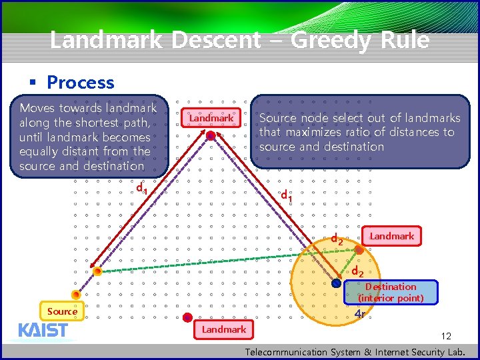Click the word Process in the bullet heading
click(x=81, y=83)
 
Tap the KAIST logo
click(x=43, y=330)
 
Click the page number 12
click(x=447, y=336)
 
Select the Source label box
click(x=62, y=311)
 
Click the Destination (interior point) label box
click(x=391, y=292)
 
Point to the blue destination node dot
click(x=336, y=283)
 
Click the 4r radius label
click(x=361, y=314)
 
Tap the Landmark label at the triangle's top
click(x=211, y=118)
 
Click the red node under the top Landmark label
click(x=211, y=136)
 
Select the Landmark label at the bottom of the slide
click(x=224, y=329)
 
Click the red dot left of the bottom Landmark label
click(x=188, y=317)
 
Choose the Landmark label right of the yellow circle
click(x=392, y=236)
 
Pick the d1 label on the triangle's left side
click(x=141, y=189)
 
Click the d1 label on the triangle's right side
click(x=287, y=196)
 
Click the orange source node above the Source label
click(x=76, y=295)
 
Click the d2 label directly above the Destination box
click(x=357, y=271)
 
